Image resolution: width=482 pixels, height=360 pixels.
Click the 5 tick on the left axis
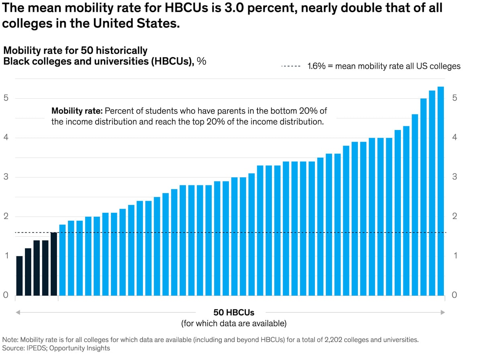(x=6, y=98)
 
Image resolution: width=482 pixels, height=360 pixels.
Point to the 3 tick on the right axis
(x=454, y=177)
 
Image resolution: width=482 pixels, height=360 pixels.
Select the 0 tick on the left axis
(x=6, y=295)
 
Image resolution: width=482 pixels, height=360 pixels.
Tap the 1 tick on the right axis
(x=454, y=256)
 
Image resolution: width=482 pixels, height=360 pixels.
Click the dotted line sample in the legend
(x=291, y=66)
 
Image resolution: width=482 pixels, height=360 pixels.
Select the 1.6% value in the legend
(x=316, y=66)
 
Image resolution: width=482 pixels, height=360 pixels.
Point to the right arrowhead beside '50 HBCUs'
(x=443, y=312)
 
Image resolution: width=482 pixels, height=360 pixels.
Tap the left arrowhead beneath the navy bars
(x=18, y=312)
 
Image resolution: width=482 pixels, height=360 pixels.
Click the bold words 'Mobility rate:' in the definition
(x=76, y=111)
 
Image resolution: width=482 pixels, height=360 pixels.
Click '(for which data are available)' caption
(x=234, y=323)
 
